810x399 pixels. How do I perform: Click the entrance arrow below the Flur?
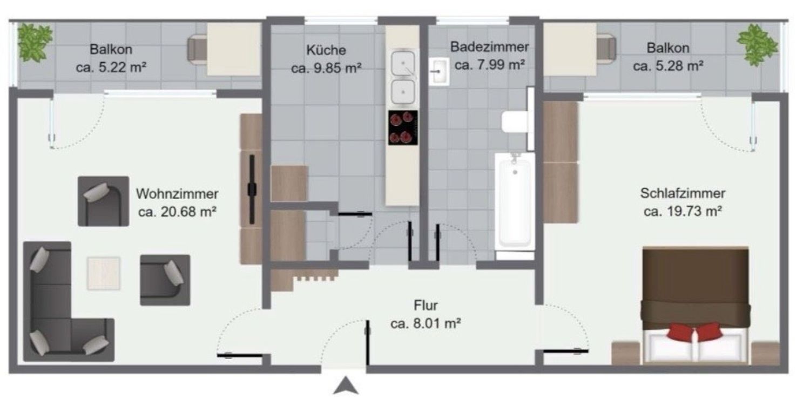(x=346, y=386)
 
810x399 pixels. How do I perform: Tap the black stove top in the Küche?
(x=403, y=128)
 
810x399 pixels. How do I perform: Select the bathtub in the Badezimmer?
(x=515, y=201)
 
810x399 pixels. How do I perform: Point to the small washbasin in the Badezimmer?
(x=439, y=72)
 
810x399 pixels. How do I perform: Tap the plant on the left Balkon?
(x=35, y=42)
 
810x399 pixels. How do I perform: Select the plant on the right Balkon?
(x=757, y=45)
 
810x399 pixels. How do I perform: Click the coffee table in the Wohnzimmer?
(x=104, y=274)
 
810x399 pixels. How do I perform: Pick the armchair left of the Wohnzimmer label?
(x=104, y=201)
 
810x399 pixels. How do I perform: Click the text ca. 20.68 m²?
(x=177, y=212)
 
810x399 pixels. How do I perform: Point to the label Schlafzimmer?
(x=683, y=193)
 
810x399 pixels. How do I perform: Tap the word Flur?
(x=426, y=306)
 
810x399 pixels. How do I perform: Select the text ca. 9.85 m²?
(x=326, y=68)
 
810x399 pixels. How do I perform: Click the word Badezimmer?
(x=490, y=46)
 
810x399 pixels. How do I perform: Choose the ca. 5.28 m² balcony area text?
(x=669, y=66)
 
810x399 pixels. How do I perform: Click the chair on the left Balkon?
(x=198, y=50)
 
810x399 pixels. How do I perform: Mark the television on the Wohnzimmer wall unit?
(x=252, y=190)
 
